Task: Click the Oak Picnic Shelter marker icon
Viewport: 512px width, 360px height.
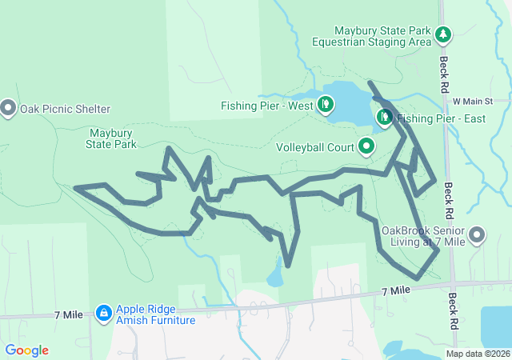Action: pyautogui.click(x=9, y=106)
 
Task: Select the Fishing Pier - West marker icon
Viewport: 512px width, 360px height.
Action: pyautogui.click(x=326, y=104)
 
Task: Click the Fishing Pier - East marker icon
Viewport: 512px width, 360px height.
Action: pyautogui.click(x=385, y=118)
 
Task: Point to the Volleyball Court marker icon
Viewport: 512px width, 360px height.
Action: pyautogui.click(x=366, y=146)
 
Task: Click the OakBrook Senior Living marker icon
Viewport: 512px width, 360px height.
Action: pyautogui.click(x=477, y=235)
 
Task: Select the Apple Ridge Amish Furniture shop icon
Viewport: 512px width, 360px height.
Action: pyautogui.click(x=103, y=313)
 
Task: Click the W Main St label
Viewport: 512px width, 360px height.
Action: pyautogui.click(x=474, y=102)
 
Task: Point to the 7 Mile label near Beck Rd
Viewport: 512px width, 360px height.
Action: pyautogui.click(x=396, y=290)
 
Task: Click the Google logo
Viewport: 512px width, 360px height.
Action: pyautogui.click(x=26, y=350)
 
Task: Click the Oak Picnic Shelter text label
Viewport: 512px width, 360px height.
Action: pyautogui.click(x=65, y=108)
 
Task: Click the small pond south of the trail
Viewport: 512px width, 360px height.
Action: pyautogui.click(x=274, y=278)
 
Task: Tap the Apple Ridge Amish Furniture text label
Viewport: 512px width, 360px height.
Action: pyautogui.click(x=155, y=314)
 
